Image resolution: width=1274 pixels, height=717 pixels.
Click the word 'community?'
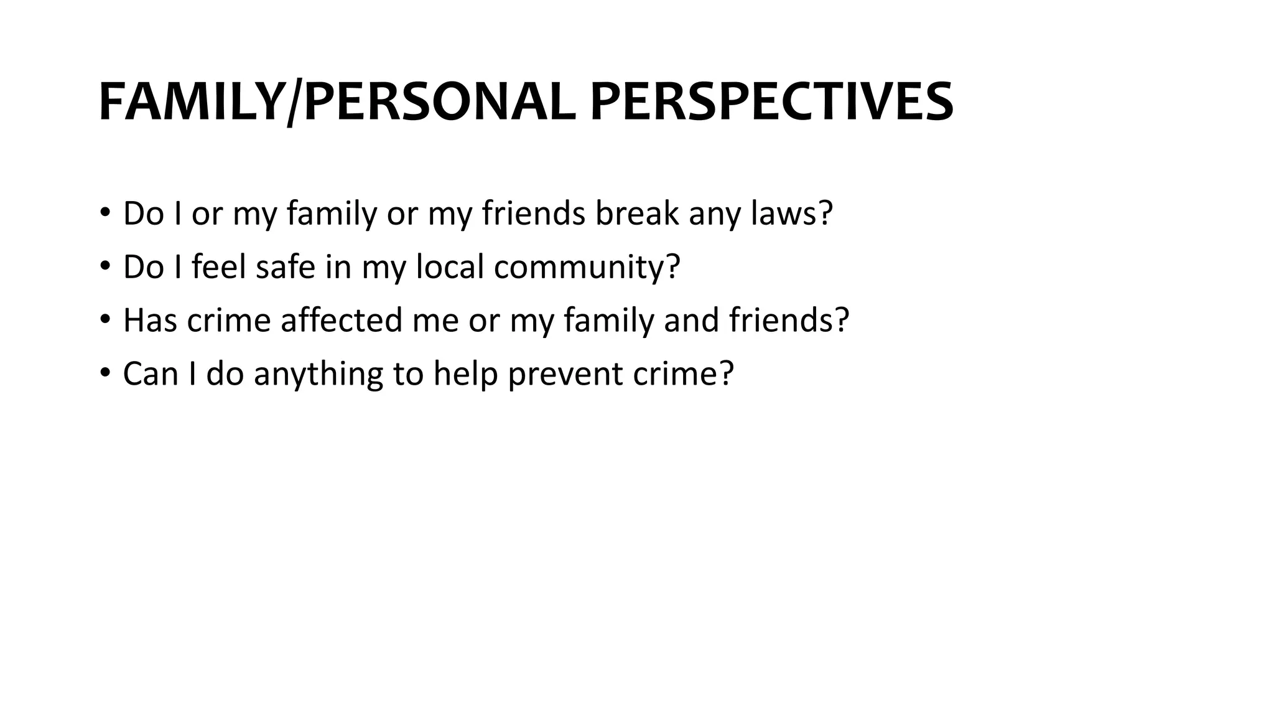coord(587,267)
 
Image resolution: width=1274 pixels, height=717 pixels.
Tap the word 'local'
coord(449,267)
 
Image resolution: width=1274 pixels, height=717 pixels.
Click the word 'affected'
coord(341,321)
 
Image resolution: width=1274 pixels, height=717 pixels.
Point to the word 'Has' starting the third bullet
coord(150,321)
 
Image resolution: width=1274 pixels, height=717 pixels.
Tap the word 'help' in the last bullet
coord(465,375)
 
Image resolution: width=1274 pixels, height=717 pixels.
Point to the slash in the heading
coord(291,103)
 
